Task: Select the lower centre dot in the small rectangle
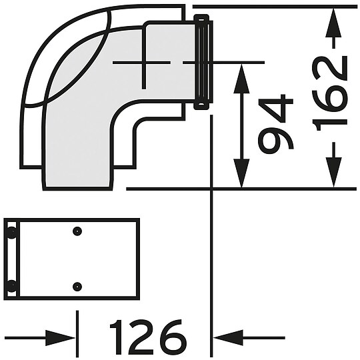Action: pos(77,286)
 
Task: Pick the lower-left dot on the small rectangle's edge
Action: pos(12,286)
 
